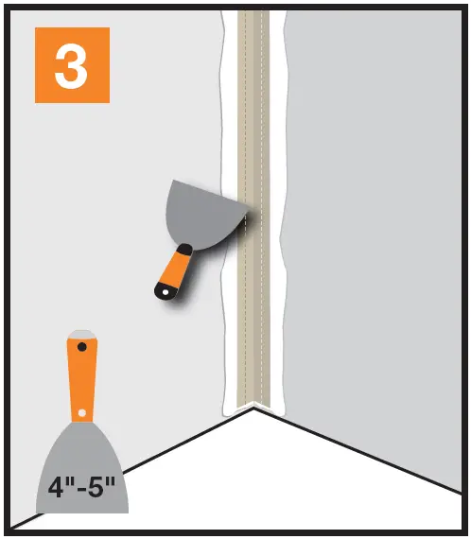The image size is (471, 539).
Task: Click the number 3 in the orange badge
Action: point(72,64)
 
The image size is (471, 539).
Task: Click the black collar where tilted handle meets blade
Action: point(189,248)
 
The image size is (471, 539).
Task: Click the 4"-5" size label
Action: point(81,489)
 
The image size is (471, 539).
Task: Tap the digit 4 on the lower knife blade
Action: point(56,489)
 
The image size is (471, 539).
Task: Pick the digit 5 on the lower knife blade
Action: point(100,489)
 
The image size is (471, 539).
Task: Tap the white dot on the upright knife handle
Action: point(81,412)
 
